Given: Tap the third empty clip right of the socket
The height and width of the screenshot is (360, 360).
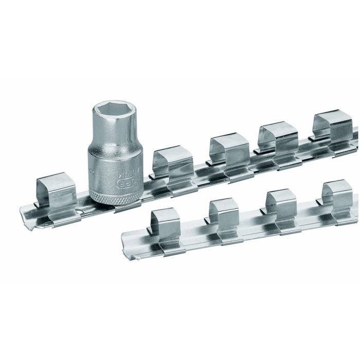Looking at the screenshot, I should pos(278,138).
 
